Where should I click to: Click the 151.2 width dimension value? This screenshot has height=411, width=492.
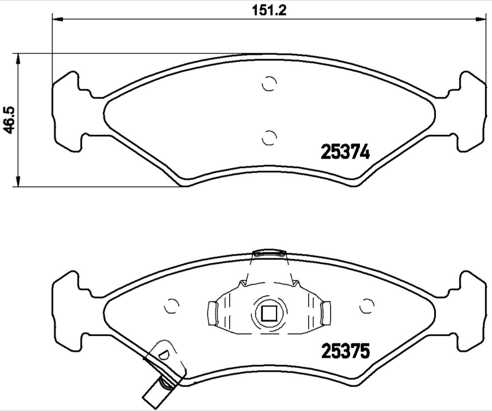click(x=269, y=10)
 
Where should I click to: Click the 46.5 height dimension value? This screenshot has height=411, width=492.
click(x=11, y=120)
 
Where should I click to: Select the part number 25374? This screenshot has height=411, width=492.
click(x=345, y=153)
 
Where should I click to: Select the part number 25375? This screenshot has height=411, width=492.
click(x=345, y=351)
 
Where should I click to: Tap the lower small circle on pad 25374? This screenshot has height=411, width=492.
click(x=269, y=138)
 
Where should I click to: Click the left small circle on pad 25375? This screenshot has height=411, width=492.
click(x=172, y=306)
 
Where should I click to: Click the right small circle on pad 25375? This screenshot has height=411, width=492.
click(x=367, y=306)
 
